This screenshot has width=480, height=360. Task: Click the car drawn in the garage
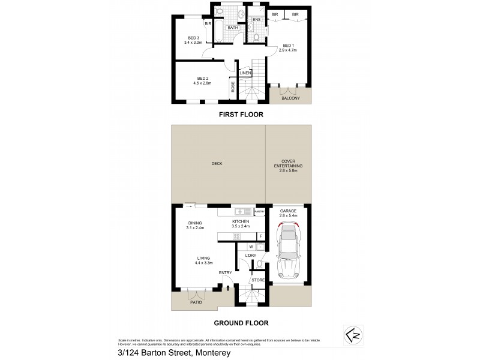click(289, 250)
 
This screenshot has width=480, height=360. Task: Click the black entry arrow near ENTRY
click(227, 287)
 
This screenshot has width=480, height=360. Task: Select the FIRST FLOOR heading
click(240, 114)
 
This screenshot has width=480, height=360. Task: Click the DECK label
click(217, 164)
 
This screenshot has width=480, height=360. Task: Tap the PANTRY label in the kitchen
click(260, 212)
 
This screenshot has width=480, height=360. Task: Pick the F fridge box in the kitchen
click(261, 236)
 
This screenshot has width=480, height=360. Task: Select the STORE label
click(258, 280)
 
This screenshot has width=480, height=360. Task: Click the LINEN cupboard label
click(245, 73)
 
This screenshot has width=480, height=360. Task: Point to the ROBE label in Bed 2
click(232, 88)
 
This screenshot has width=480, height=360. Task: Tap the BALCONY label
click(290, 98)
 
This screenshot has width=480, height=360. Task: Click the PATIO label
click(196, 302)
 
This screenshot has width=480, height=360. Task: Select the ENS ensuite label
click(256, 20)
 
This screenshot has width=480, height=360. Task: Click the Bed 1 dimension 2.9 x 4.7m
click(289, 50)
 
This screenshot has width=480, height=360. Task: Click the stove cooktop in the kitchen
click(229, 236)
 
